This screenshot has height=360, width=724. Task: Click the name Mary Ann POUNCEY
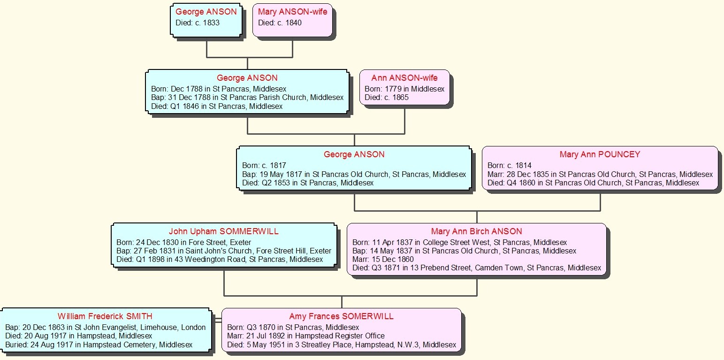pos(600,154)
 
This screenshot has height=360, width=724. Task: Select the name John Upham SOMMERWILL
pos(224,231)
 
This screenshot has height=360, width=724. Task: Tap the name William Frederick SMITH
pos(105,316)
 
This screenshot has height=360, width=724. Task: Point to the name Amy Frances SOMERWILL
pos(342,316)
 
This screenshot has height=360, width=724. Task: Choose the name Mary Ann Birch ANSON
pos(476,231)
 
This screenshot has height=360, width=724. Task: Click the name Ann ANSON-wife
pos(404,78)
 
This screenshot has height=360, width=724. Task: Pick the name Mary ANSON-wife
pos(292,12)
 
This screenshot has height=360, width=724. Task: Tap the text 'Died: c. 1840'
pos(280,23)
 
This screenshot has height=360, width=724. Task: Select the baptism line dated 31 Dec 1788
pos(247,98)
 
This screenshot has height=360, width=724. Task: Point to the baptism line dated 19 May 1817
pos(354,174)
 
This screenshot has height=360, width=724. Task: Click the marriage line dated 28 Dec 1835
pos(600,174)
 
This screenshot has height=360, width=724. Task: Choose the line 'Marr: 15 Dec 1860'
pos(383,260)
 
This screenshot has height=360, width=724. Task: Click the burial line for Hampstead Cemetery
pos(99,345)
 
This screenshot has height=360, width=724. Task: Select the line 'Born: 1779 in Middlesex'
pos(404,89)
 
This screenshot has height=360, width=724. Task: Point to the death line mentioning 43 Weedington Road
pos(220,260)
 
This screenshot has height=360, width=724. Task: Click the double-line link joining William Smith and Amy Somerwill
pos(216,320)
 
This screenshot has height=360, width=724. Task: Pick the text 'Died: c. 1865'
pos(387,98)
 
